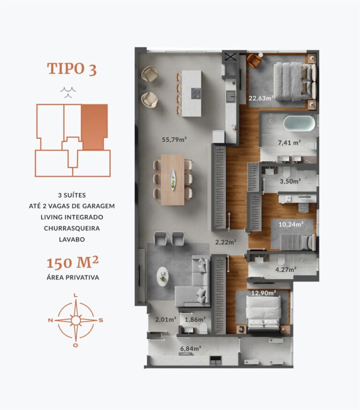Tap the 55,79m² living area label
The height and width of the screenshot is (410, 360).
pos(174,139)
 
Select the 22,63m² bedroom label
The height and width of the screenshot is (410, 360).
pos(261,98)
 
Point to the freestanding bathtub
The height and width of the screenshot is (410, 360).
pos(299,123)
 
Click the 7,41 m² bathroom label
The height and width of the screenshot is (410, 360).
pos(289,143)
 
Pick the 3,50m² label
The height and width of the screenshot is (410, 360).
pos(291,180)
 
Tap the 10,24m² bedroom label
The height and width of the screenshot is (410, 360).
pos(291,224)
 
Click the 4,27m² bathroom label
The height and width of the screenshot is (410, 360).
pos(285,269)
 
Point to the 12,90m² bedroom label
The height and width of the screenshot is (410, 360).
pos(263,293)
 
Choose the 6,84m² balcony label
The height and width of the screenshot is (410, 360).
pos(190,348)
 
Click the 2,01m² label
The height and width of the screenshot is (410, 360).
pos(165,320)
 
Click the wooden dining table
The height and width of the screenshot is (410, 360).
pos(172,179)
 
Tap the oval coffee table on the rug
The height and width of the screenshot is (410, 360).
pos(162,276)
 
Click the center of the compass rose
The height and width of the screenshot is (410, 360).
pos(75,321)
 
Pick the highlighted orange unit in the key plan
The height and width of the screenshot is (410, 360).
pos(94,127)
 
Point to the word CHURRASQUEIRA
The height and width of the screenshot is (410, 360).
pos(72,228)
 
